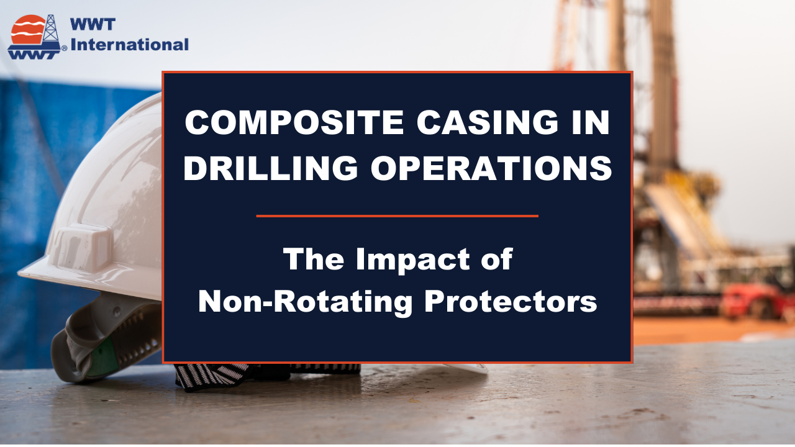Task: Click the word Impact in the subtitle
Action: [x=413, y=260]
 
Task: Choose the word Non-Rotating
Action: [x=305, y=301]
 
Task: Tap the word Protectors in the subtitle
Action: [x=511, y=301]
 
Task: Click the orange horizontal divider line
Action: [x=397, y=215]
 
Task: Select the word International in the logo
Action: [x=130, y=45]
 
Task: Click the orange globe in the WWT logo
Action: [x=28, y=29]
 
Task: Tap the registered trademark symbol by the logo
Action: [x=64, y=48]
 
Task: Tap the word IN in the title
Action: [x=590, y=122]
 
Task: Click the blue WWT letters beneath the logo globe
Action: [x=34, y=54]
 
